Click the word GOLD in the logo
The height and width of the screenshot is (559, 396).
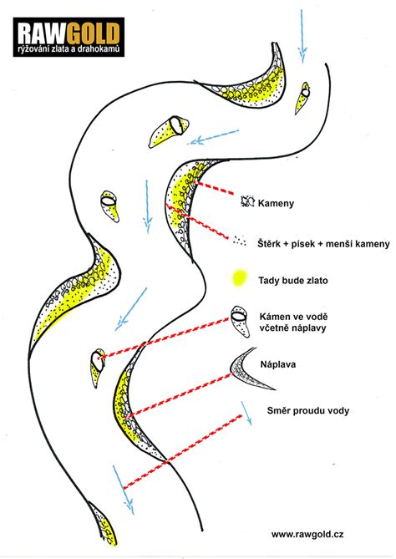click(x=93, y=34)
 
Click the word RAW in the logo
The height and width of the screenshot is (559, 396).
click(x=41, y=34)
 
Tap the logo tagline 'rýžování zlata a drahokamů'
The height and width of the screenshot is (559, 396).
click(x=69, y=48)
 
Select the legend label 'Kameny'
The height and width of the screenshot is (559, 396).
click(x=276, y=204)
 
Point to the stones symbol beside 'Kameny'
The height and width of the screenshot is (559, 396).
click(x=247, y=201)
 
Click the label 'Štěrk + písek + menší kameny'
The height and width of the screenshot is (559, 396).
click(x=323, y=244)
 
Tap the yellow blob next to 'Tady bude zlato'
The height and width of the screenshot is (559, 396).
click(x=239, y=278)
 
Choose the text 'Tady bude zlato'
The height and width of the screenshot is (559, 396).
click(x=293, y=281)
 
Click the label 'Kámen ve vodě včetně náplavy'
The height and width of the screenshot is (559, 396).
click(x=293, y=323)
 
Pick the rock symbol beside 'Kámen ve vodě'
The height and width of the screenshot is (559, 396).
click(x=240, y=321)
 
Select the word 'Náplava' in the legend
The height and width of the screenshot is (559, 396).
click(x=277, y=364)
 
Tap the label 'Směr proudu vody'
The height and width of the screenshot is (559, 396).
click(x=308, y=411)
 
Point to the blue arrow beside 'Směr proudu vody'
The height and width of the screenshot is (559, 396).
click(x=246, y=414)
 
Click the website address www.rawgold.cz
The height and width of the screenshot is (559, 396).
click(x=307, y=535)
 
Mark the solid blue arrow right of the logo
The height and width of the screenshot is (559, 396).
click(x=302, y=37)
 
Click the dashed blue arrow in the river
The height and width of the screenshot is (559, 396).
click(x=213, y=137)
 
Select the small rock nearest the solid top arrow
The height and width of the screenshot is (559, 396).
click(x=302, y=98)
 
